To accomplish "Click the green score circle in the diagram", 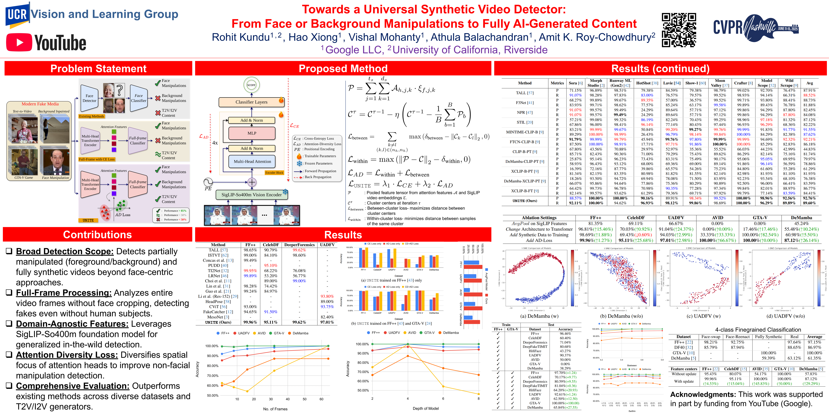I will tap(251, 85).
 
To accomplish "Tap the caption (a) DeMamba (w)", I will tap(539, 316).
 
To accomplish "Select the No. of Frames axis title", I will tap(275, 409).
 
